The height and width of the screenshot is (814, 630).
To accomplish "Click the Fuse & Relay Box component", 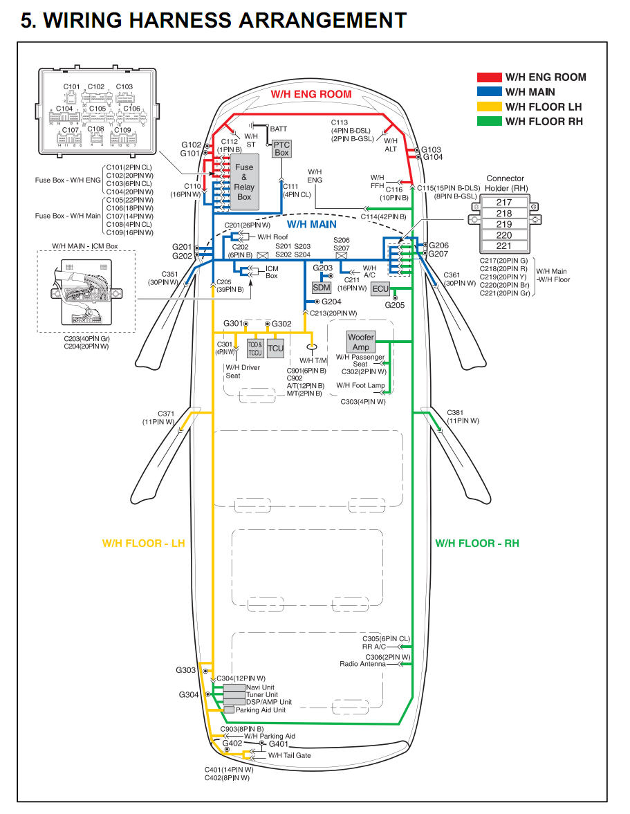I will tap(244, 182).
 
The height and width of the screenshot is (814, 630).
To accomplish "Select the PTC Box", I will tap(281, 148).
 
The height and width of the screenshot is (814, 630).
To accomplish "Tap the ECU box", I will tap(380, 289).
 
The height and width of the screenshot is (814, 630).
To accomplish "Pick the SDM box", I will tap(322, 287).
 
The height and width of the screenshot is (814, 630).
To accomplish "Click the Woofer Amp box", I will tap(361, 342).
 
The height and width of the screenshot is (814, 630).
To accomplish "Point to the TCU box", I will tap(275, 348).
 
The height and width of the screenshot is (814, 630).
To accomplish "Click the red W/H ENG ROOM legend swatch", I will tap(488, 77).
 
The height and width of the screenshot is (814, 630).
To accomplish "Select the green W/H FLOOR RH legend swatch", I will tap(488, 121).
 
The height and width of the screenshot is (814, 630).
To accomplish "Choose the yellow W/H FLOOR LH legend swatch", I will tap(488, 107).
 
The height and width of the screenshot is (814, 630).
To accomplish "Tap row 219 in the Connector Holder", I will tap(504, 224).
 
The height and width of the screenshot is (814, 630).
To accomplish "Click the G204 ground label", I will tap(331, 302).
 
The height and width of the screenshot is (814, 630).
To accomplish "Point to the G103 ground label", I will tap(432, 149).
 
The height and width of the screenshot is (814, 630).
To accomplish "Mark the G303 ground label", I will tap(185, 670).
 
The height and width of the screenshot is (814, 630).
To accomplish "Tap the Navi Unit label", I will tap(260, 687).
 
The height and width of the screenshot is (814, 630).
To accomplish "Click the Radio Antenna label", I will tap(362, 664).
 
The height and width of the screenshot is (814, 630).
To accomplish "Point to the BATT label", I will tap(278, 129).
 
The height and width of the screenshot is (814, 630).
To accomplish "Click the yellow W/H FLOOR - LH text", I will tap(144, 544).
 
